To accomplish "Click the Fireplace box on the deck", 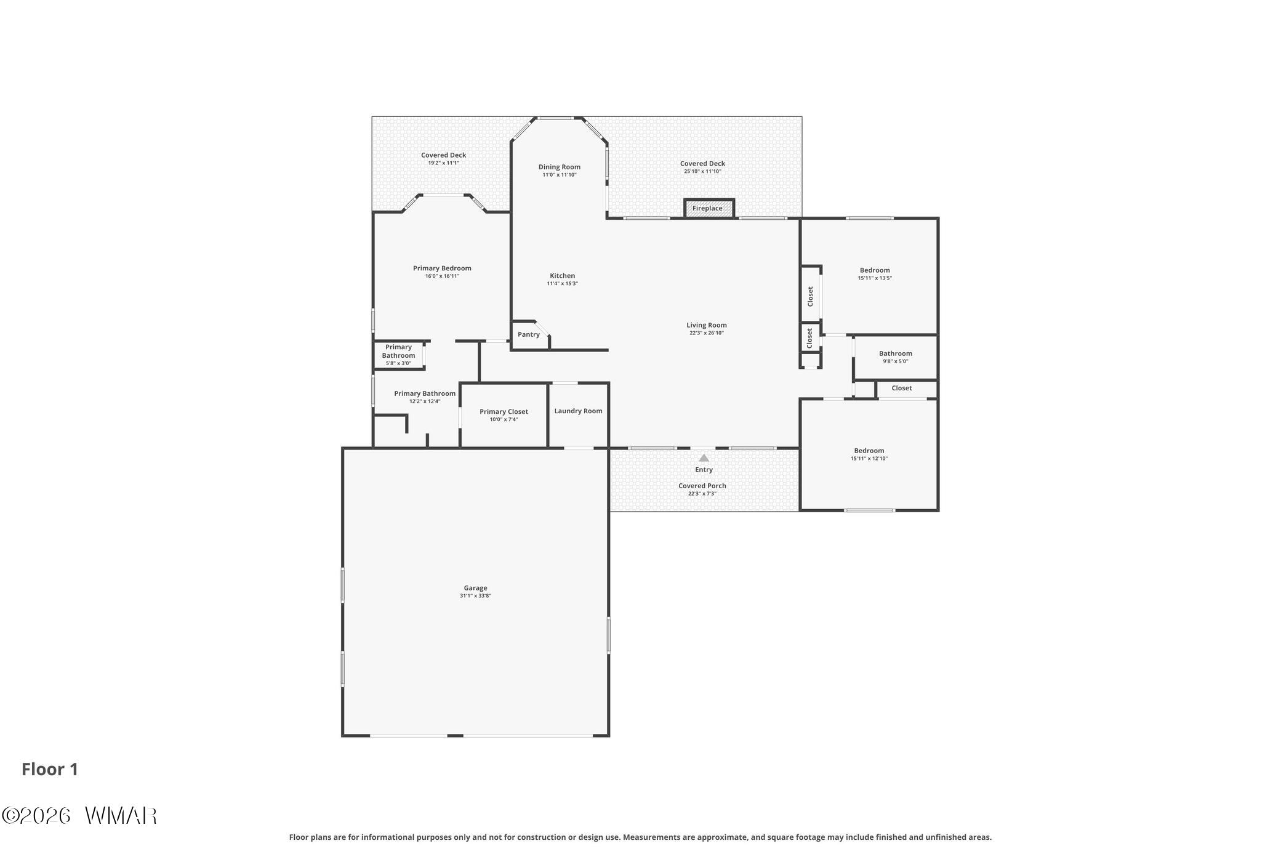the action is [x=709, y=208].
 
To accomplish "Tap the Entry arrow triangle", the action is [x=704, y=458].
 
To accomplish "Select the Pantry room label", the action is [x=529, y=334].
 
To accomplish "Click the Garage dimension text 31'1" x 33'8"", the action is [x=475, y=596].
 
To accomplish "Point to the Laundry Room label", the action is [x=578, y=411].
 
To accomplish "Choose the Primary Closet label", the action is [x=504, y=412].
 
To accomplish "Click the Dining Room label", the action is [x=559, y=167].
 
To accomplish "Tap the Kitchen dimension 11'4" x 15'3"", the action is [x=562, y=284].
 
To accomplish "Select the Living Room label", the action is [x=707, y=325].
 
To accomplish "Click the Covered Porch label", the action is [x=702, y=486].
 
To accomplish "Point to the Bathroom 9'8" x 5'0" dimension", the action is [x=895, y=361].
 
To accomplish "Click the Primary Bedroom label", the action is [x=442, y=268].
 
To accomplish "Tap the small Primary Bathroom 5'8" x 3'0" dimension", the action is [x=398, y=363].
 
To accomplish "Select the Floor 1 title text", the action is [x=50, y=770].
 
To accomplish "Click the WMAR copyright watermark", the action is [x=79, y=816].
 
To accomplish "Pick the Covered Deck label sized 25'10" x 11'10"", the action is [x=702, y=164].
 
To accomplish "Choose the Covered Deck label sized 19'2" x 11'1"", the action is [x=443, y=155].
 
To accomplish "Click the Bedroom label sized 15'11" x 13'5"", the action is [x=875, y=270].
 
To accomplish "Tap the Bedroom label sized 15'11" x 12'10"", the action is [x=869, y=451].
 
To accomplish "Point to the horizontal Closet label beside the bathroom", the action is [x=902, y=388].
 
